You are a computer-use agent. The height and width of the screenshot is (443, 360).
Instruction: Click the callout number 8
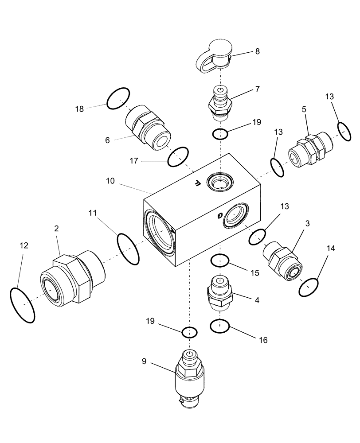click(257, 51)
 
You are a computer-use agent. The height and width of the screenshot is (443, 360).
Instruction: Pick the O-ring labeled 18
click(118, 98)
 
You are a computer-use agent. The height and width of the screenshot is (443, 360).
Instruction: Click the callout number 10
click(110, 181)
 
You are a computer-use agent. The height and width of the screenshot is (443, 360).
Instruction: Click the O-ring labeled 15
click(220, 261)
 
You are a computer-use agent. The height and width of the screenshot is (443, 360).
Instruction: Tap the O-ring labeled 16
click(220, 326)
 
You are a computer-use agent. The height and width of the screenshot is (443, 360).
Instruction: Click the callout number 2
click(57, 228)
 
